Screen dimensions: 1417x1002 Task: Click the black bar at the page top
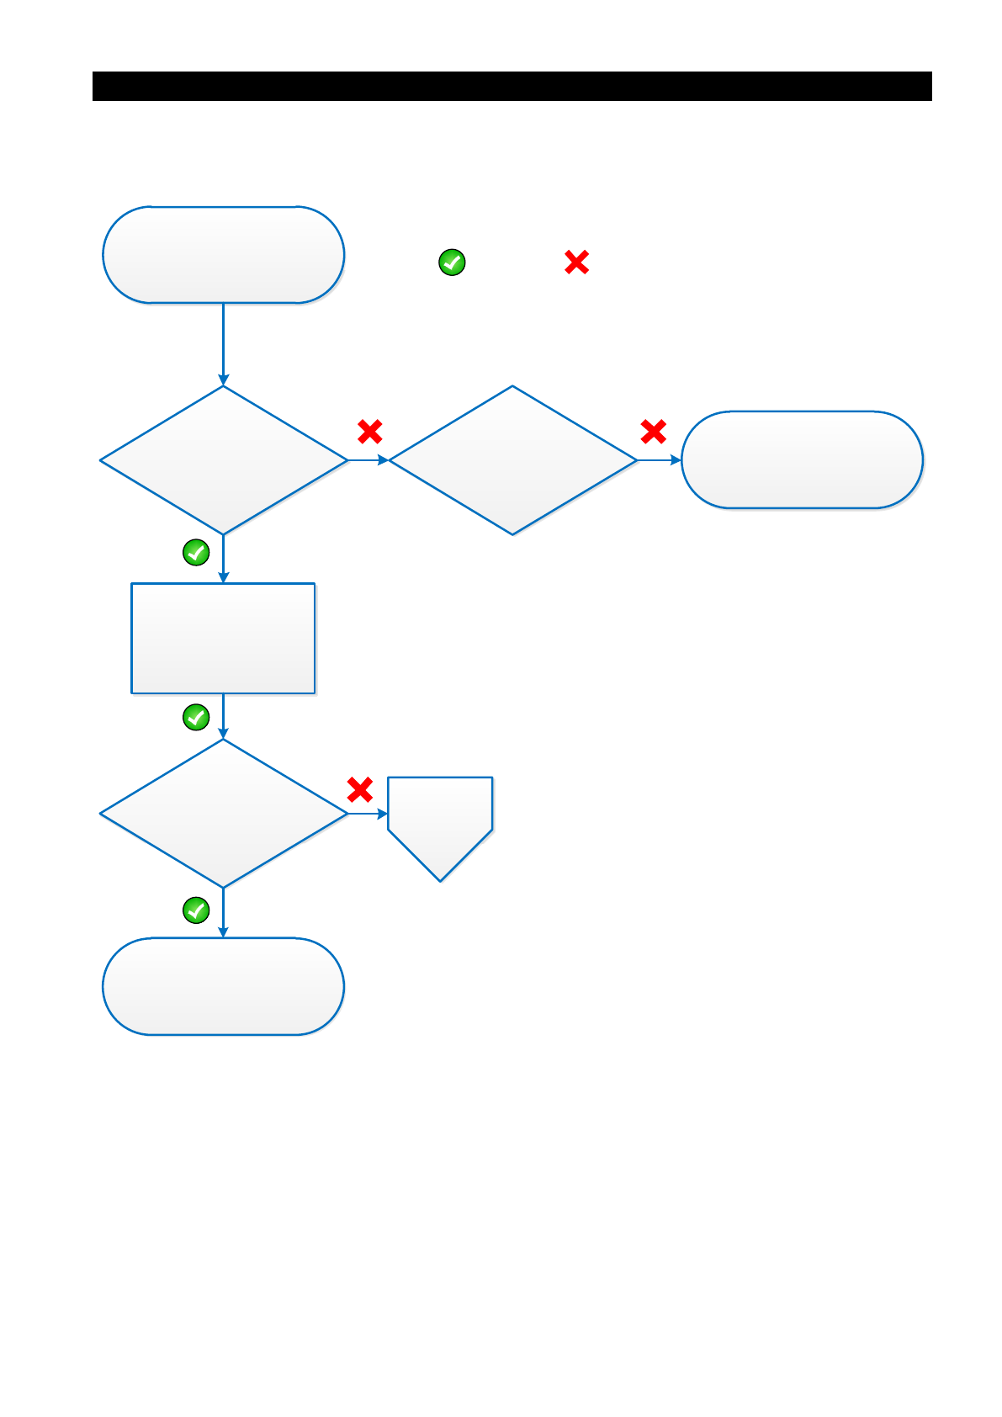(512, 86)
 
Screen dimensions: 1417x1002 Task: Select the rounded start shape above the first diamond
(223, 254)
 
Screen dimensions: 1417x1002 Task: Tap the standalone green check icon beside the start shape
(452, 263)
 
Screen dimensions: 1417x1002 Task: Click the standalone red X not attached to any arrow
(576, 263)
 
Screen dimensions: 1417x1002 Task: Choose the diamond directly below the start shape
(223, 459)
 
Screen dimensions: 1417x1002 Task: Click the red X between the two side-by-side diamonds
(370, 432)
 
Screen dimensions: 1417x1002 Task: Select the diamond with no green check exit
(512, 459)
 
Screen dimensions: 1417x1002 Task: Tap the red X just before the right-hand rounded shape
(653, 432)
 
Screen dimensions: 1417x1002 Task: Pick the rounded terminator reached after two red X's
(802, 459)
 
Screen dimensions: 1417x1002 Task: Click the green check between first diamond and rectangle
(196, 552)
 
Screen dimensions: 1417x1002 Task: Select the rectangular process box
(223, 638)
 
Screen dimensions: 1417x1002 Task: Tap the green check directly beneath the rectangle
(196, 717)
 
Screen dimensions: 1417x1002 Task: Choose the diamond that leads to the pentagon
(223, 813)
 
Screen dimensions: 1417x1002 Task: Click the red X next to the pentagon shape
(360, 789)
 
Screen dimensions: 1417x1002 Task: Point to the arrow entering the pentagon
(368, 814)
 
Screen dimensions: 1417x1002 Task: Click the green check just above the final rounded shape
(196, 910)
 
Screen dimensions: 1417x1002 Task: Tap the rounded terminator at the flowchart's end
(223, 985)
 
